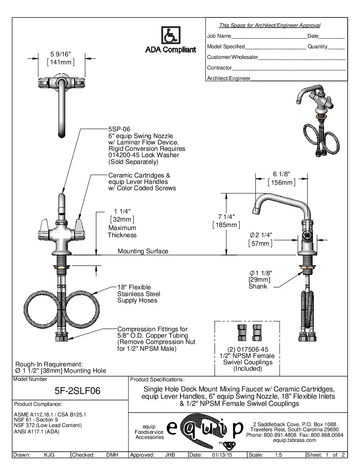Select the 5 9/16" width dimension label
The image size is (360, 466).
(60, 54)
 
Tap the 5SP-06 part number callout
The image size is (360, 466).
(119, 129)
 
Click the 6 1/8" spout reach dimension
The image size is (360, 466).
(281, 174)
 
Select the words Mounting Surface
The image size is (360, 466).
(143, 251)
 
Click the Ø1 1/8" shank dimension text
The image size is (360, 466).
(260, 273)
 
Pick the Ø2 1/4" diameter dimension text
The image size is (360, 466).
(260, 235)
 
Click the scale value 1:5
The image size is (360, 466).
(279, 455)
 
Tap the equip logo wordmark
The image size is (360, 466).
(205, 429)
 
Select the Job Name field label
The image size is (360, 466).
(219, 36)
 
